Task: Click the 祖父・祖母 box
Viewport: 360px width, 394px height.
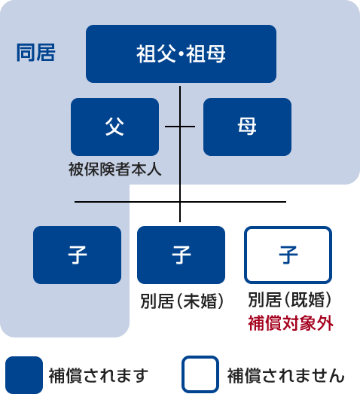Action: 182,53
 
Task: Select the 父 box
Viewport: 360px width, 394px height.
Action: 114,127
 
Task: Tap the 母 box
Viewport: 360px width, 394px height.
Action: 248,127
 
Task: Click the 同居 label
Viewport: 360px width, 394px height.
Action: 35,53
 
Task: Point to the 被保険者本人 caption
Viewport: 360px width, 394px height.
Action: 114,169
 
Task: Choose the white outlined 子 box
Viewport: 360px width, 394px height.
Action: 288,255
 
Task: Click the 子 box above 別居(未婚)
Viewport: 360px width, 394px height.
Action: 182,255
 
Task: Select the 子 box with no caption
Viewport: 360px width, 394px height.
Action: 77,255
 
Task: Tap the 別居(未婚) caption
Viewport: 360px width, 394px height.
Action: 182,301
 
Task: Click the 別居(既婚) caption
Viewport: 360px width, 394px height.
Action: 290,300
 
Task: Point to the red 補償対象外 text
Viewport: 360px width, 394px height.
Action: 291,323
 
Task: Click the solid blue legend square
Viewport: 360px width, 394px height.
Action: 24,375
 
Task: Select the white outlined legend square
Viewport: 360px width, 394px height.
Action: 200,357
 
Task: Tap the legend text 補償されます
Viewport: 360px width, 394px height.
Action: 99,376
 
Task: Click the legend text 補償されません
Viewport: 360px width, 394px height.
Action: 286,376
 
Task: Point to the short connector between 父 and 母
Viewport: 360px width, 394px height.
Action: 180,127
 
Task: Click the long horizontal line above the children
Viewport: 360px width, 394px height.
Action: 181,202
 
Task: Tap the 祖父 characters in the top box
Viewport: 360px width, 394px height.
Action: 156,53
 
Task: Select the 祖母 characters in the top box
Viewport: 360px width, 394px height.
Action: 206,53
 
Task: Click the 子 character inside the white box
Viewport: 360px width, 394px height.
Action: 288,255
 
